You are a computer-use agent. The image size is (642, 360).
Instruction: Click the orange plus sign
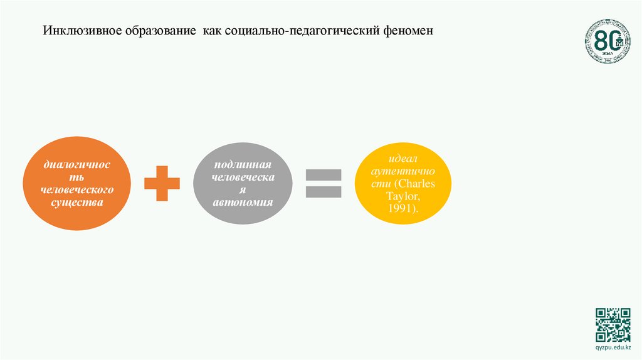point(162,183)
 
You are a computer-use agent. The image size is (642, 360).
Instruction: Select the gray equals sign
point(324,183)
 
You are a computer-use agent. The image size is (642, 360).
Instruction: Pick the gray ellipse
point(243,183)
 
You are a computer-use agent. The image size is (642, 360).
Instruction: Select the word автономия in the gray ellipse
point(243,203)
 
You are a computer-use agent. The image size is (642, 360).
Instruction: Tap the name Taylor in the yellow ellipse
point(403,196)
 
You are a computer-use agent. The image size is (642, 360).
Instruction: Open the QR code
point(613,324)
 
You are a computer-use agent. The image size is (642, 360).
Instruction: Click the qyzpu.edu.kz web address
point(613,347)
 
